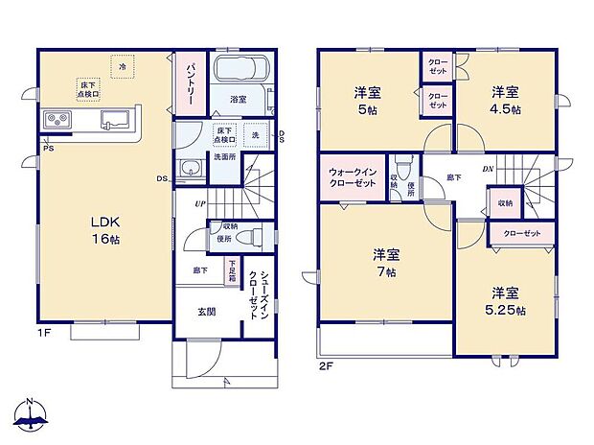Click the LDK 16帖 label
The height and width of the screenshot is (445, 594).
pos(105,229)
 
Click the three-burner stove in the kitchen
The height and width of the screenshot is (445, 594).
pos(56,121)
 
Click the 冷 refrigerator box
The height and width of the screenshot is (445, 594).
pos(123,66)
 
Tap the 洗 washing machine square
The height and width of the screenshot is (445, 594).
pos(256,135)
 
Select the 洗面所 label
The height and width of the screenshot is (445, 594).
pos(224,156)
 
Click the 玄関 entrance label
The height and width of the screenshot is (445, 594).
pos(206,313)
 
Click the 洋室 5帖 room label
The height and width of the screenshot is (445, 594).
pos(368,100)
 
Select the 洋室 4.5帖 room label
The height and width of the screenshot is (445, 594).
pos(507,100)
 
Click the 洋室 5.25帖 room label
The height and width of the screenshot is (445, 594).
pos(506,300)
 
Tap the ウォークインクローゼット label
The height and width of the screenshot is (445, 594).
pos(353,176)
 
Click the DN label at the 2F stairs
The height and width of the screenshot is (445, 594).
pos(488,171)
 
